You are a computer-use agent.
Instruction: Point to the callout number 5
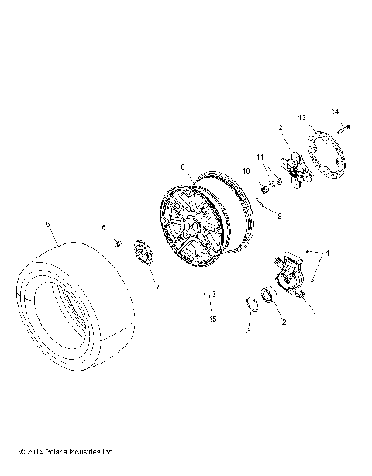(49, 225)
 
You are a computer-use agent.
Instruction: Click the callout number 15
(212, 319)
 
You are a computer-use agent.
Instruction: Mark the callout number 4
(328, 253)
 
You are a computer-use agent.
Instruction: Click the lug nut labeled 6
(117, 243)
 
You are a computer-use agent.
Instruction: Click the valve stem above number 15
(210, 295)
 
